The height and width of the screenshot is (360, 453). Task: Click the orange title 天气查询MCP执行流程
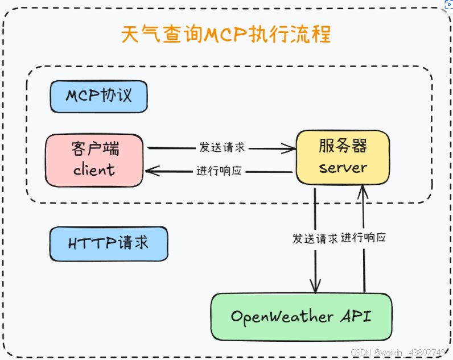pos(226,34)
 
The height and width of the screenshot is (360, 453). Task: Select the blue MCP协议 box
pos(98,96)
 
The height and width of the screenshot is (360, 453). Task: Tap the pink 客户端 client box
pos(95,160)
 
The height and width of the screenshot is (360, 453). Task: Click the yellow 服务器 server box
pos(343,158)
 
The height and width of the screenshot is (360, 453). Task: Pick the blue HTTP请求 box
pos(108,243)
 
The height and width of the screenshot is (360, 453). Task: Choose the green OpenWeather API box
pos(301,317)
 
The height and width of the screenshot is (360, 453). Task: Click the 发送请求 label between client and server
pos(222,147)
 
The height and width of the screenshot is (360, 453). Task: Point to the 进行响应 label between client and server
pos(220,171)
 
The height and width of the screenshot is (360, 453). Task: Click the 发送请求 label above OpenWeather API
pos(315,238)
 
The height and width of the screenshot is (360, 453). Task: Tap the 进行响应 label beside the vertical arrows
pos(364,238)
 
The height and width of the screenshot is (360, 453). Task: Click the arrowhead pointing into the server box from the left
pos(290,149)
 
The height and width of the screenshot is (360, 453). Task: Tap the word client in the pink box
pos(94,169)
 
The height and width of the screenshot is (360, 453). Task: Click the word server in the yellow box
pos(343,168)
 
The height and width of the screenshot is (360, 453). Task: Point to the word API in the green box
pos(356,316)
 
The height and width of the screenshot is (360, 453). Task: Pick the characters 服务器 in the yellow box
pos(343,146)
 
